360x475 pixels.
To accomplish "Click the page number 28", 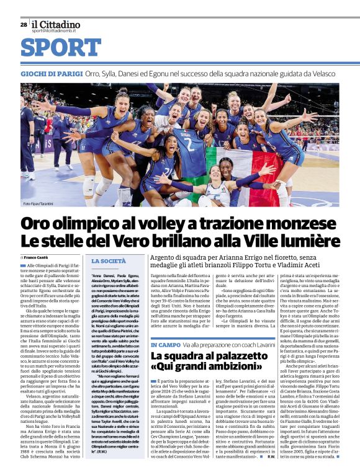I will (x=24, y=25).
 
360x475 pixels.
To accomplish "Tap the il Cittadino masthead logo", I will (x=56, y=24).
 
